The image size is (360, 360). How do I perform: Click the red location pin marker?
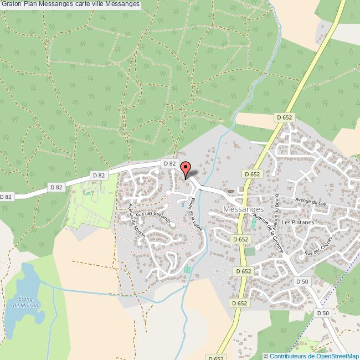(x=186, y=168)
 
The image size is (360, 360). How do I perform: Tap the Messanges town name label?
(x=244, y=209)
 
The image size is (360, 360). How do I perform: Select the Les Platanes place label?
(x=297, y=223)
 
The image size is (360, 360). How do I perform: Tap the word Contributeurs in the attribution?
(x=287, y=356)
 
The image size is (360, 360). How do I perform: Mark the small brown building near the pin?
(x=230, y=191)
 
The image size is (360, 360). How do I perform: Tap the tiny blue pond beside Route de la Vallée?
(x=183, y=204)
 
